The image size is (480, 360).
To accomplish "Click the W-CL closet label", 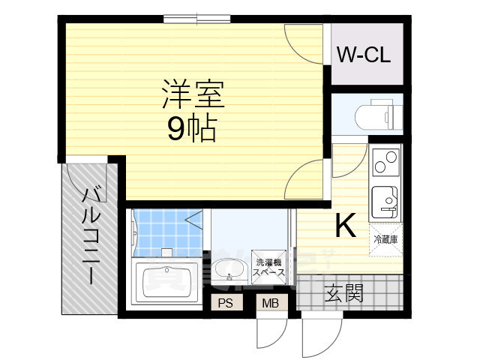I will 362,55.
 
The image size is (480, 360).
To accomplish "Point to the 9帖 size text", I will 191,130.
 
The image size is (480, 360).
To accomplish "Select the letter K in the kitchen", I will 344,226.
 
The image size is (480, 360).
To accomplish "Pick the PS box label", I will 224,303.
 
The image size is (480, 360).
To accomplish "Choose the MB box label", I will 268,303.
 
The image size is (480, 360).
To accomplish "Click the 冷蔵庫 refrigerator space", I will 385,240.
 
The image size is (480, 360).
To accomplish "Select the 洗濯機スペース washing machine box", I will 269,267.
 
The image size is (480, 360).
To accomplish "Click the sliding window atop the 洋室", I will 197,19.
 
